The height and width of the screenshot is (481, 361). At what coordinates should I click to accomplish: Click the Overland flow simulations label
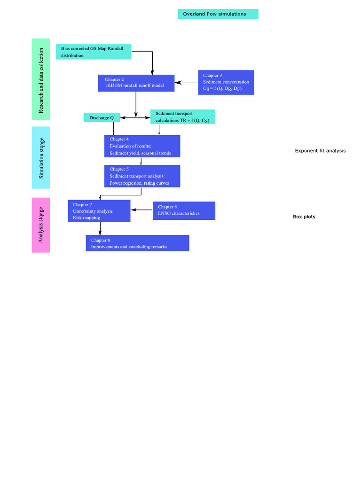pyautogui.click(x=218, y=14)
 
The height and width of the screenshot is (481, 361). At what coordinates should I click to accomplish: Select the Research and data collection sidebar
pyautogui.click(x=41, y=79)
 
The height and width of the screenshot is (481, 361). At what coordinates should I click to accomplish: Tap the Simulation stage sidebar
pyautogui.click(x=41, y=157)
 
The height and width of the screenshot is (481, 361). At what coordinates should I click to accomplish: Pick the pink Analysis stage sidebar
pyautogui.click(x=41, y=225)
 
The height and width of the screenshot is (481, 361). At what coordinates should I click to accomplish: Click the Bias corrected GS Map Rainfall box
pyautogui.click(x=93, y=52)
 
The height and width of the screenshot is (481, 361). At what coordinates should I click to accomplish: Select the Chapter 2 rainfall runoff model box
pyautogui.click(x=136, y=83)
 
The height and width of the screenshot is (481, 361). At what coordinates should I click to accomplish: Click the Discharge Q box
pyautogui.click(x=102, y=117)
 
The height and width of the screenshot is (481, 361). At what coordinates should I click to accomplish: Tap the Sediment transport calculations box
pyautogui.click(x=182, y=117)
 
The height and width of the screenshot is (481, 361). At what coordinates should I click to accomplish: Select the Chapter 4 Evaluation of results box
pyautogui.click(x=142, y=146)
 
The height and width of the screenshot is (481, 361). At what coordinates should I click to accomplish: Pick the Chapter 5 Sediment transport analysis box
pyautogui.click(x=142, y=176)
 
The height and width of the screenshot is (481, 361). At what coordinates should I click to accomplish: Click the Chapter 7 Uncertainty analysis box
pyautogui.click(x=99, y=211)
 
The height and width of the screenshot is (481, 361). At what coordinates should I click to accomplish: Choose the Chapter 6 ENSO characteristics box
pyautogui.click(x=184, y=210)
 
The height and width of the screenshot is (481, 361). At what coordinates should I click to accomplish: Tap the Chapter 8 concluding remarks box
pyautogui.click(x=137, y=243)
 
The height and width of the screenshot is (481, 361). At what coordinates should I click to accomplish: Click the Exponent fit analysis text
pyautogui.click(x=320, y=151)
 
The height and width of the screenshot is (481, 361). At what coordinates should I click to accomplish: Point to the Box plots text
pyautogui.click(x=304, y=217)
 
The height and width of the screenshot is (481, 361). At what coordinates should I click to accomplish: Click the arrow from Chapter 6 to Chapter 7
pyautogui.click(x=141, y=210)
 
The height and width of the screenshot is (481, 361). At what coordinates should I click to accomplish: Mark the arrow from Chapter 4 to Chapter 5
pyautogui.click(x=141, y=161)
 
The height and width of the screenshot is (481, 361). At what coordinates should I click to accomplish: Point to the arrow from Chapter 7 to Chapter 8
pyautogui.click(x=100, y=229)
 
